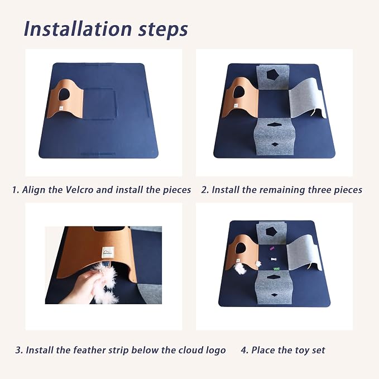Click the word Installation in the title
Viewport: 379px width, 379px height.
78,28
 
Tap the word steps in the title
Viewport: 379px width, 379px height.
163,30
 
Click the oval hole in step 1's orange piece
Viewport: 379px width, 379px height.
64,94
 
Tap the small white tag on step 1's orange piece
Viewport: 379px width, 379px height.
61,108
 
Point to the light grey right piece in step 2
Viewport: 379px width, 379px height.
308,99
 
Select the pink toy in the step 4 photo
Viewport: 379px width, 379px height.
272,248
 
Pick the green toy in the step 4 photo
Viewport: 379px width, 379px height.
276,268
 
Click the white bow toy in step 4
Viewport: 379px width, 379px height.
274,259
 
